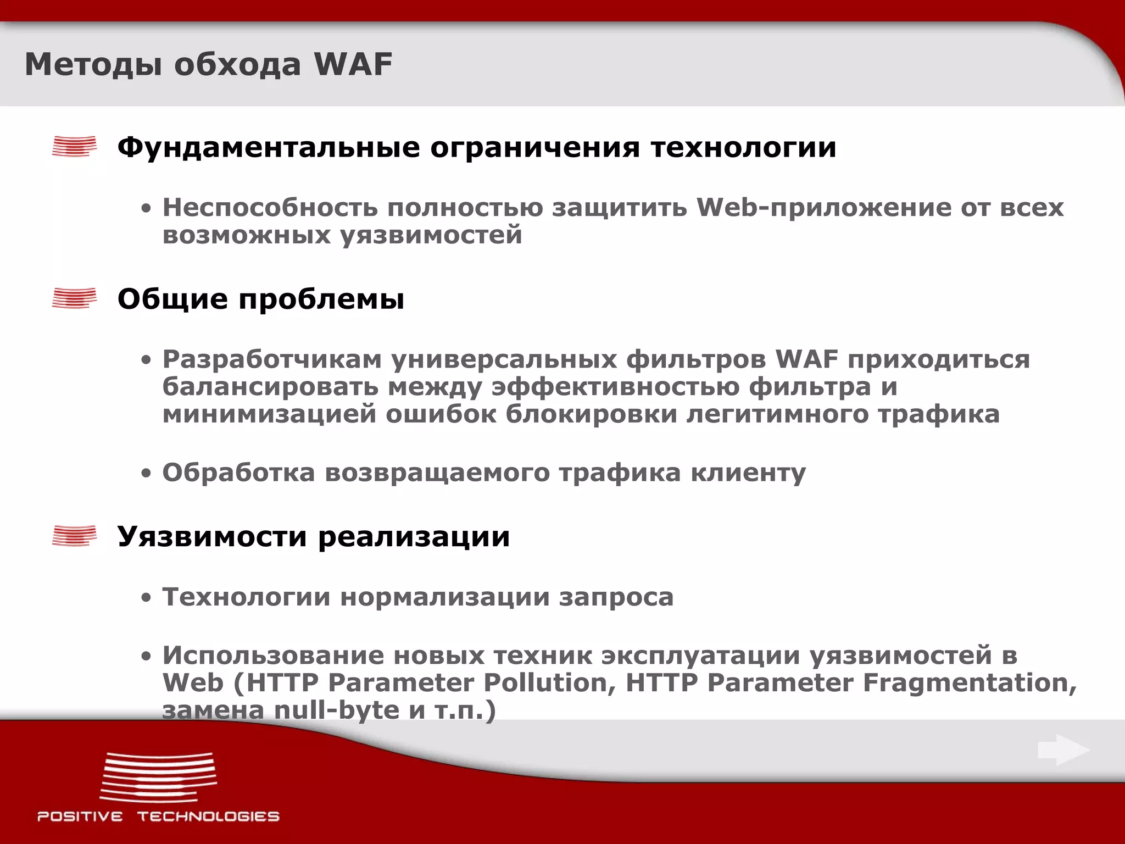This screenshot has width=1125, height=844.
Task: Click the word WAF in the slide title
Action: tap(353, 64)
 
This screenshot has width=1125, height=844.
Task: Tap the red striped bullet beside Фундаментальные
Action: tap(74, 147)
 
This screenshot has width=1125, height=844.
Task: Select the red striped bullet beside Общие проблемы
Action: tap(74, 298)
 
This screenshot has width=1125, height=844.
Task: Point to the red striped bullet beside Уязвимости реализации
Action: tap(74, 536)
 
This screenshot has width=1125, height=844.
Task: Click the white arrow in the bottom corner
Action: tap(1063, 750)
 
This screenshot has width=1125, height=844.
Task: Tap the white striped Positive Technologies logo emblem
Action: tap(158, 777)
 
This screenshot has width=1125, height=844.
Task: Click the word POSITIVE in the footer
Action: tap(80, 817)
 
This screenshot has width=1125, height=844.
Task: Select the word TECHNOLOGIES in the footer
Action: tap(209, 817)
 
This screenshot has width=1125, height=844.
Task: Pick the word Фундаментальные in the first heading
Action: tap(269, 147)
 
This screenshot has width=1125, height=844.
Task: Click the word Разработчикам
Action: tap(272, 359)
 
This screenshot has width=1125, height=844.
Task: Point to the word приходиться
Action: tap(938, 359)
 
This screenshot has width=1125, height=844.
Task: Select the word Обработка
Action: tap(238, 473)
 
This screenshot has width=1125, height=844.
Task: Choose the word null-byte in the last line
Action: tap(337, 710)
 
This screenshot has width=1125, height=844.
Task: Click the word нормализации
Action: tap(445, 597)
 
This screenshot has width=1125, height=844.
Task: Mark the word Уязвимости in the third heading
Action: tap(213, 536)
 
